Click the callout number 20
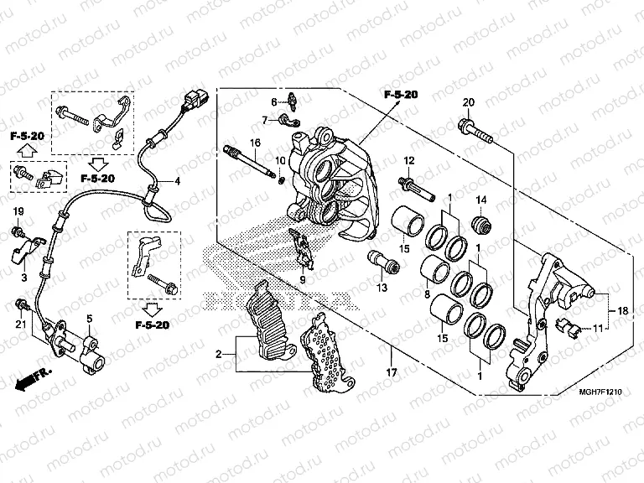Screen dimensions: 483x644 tap(469, 103)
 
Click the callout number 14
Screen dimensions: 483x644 tap(481, 199)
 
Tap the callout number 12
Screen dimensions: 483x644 tap(410, 160)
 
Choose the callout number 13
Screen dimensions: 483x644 tap(383, 288)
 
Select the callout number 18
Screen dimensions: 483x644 tap(623, 309)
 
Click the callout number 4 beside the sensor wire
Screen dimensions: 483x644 tap(177, 181)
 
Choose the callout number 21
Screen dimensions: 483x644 tap(18, 325)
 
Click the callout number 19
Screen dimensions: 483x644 tap(18, 210)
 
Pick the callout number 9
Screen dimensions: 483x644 tap(304, 279)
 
